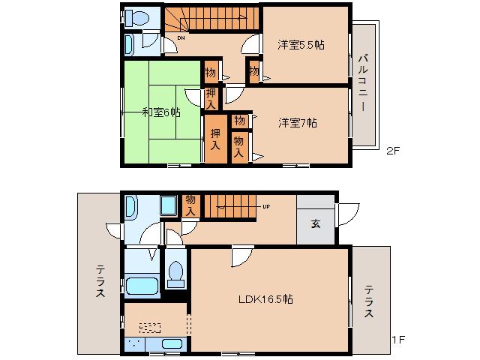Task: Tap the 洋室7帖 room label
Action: [298, 123]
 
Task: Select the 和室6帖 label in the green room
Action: [161, 112]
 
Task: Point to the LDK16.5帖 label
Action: [265, 298]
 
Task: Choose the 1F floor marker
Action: [397, 340]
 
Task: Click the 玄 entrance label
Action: [316, 223]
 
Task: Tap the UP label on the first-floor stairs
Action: [265, 206]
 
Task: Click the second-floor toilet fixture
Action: [137, 17]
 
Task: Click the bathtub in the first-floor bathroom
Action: [141, 286]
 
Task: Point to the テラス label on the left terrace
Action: [100, 282]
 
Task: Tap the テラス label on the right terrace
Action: [369, 302]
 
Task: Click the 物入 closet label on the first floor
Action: [191, 205]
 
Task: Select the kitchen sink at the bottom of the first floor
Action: [172, 345]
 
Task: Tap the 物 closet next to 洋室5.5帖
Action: [254, 72]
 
